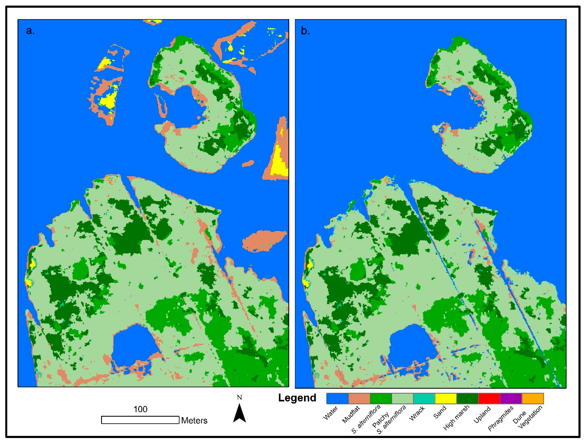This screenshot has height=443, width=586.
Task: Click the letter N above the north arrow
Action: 239,397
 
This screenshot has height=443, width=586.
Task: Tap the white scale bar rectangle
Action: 140,420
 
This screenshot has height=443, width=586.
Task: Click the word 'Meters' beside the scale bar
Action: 194,420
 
